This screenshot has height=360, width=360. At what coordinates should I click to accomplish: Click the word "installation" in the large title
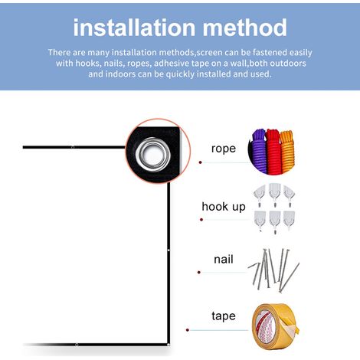point(135,28)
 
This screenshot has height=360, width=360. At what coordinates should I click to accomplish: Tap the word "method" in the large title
point(245,28)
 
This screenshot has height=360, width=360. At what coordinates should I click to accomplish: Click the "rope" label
point(224,149)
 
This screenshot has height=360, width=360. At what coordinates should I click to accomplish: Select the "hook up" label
point(224,207)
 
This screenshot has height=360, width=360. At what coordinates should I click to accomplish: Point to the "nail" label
point(224,259)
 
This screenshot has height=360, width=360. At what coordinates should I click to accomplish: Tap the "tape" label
point(224,316)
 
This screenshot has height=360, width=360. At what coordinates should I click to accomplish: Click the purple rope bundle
point(257,152)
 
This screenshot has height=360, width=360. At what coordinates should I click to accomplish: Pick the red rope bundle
point(273,152)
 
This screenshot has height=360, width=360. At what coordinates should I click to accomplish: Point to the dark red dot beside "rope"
point(201,162)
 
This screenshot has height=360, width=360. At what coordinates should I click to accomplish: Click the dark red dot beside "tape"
point(188,330)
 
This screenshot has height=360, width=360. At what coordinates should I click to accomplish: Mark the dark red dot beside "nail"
point(199,273)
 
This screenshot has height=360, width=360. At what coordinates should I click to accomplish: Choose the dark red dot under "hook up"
point(201,220)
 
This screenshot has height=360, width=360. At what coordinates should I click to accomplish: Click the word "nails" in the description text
point(113,64)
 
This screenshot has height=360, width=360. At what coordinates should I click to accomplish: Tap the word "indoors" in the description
point(120,74)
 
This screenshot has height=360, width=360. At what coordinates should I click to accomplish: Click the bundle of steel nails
point(273,270)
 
